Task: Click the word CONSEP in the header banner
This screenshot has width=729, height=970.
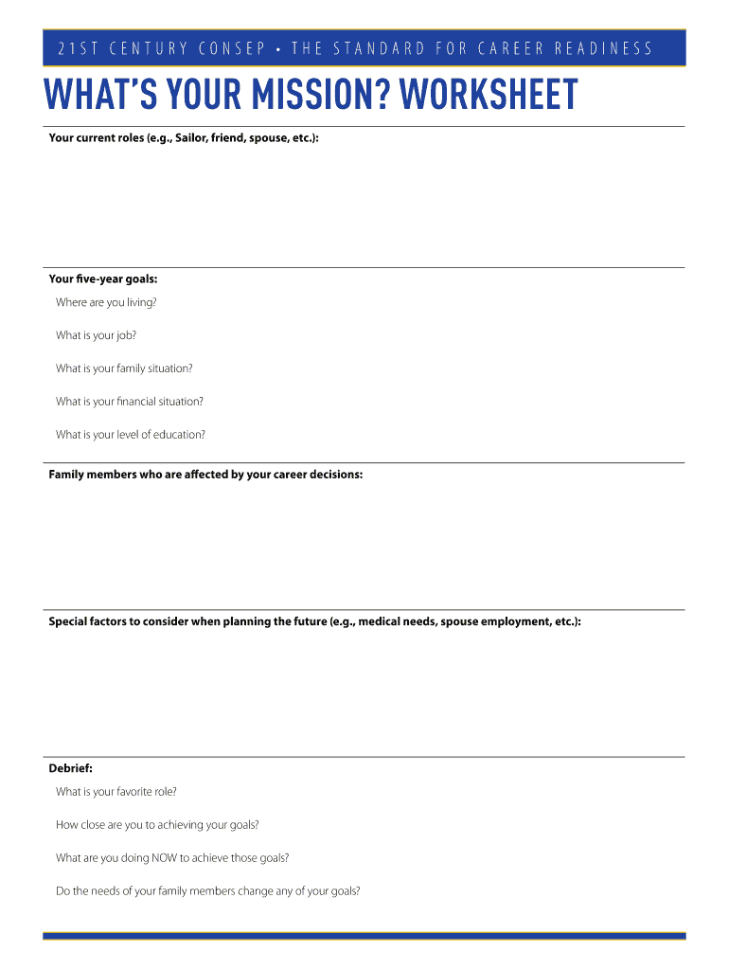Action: [x=232, y=48]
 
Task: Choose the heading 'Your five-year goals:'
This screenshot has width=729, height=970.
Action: [x=103, y=279]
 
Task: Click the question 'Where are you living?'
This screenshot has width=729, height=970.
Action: [x=106, y=302]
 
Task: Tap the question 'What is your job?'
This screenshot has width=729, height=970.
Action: [x=96, y=335]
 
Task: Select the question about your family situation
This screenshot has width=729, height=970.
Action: [x=124, y=368]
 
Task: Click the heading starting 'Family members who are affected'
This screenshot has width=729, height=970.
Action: [x=205, y=475]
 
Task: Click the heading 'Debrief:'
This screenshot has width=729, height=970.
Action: [x=71, y=768]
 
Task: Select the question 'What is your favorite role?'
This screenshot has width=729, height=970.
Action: [x=116, y=792]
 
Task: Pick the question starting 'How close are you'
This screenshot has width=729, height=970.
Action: [x=157, y=825]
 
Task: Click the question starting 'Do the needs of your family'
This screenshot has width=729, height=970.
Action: [x=208, y=891]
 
